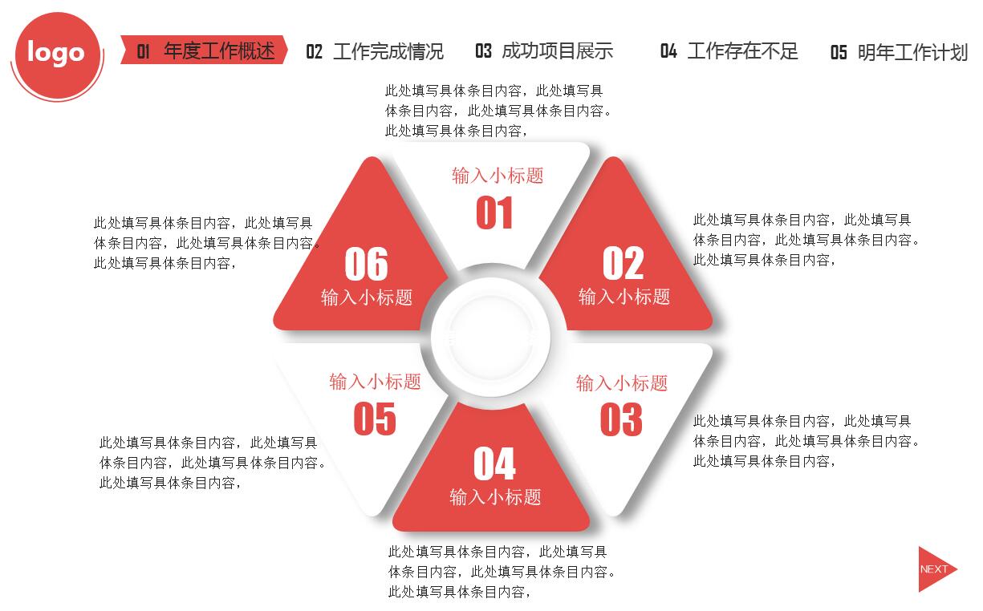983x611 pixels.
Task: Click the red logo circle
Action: [56, 53]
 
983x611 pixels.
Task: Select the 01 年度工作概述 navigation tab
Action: [205, 51]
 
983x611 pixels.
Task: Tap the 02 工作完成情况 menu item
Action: [374, 52]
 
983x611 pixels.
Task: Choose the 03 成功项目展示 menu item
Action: [544, 51]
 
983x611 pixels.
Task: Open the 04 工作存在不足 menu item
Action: [729, 51]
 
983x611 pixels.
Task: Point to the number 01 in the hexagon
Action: [494, 214]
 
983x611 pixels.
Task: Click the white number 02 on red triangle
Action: [623, 263]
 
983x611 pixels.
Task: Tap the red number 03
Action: [621, 419]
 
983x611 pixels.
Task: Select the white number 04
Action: [494, 463]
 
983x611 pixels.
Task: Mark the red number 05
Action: [375, 419]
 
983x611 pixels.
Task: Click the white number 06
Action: [366, 264]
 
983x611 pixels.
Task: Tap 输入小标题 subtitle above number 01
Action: [498, 176]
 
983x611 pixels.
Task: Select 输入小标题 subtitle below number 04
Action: [495, 497]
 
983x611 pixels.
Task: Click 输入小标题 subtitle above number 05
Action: [375, 382]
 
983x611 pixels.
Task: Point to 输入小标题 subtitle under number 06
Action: [367, 297]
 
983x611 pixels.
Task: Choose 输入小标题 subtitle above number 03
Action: [621, 383]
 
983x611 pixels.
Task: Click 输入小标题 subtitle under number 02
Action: [624, 297]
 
